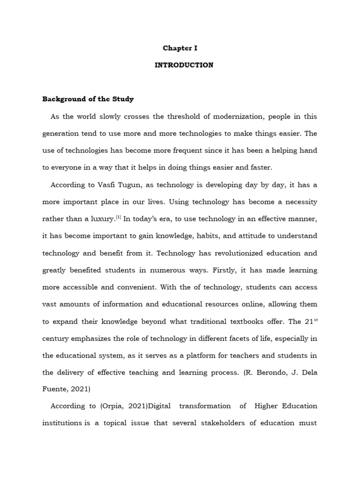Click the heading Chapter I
coord(180,48)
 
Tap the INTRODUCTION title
coord(184,65)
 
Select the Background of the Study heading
coord(88,99)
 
